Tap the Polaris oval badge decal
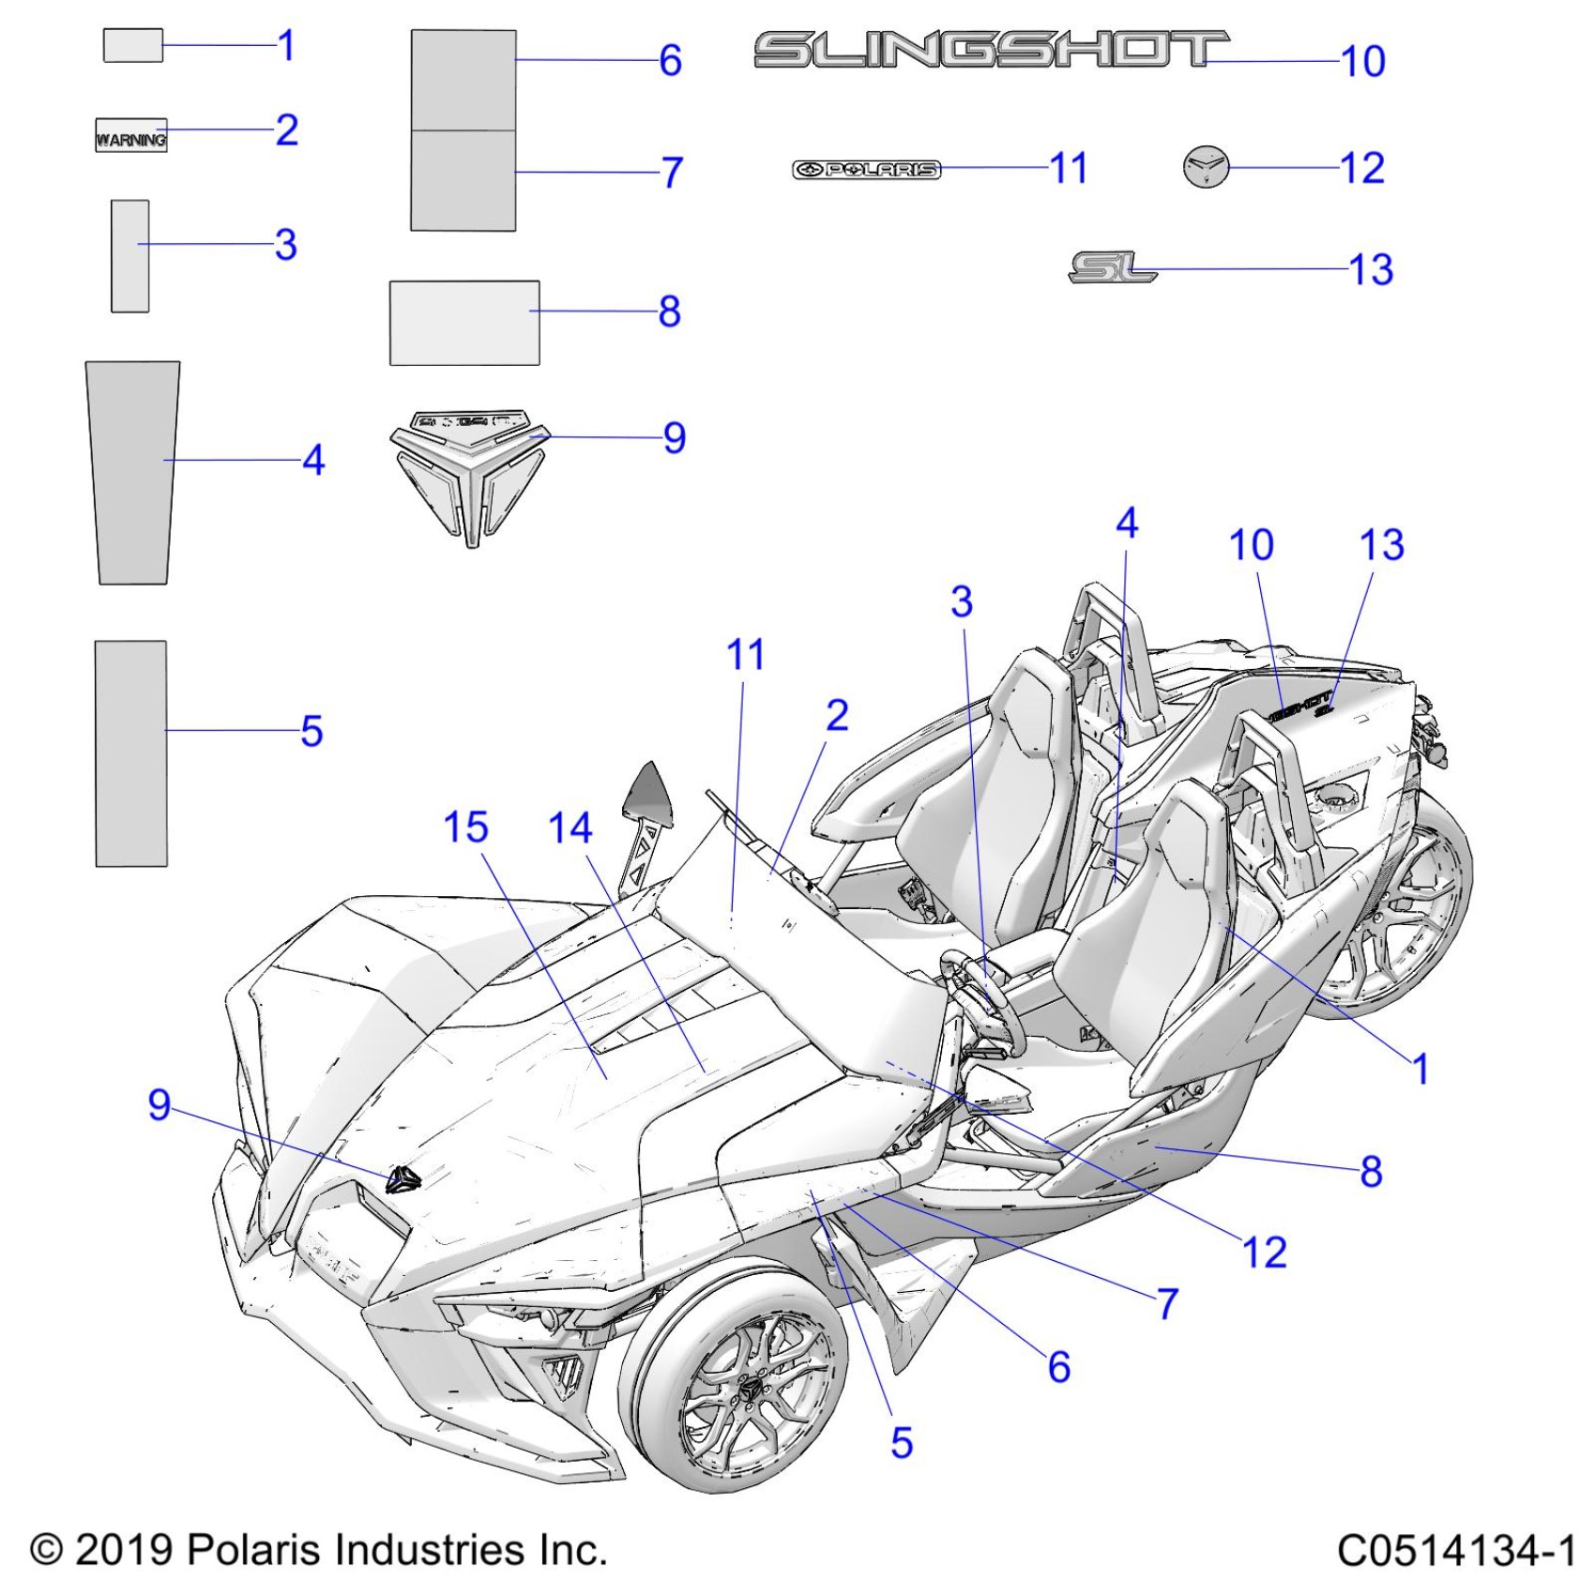(x=866, y=170)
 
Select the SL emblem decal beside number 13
(x=1112, y=267)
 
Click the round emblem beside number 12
(x=1206, y=167)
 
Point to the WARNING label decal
(x=131, y=136)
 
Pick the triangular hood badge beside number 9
(x=467, y=474)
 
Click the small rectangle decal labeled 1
(x=132, y=45)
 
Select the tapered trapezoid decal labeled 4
(x=132, y=472)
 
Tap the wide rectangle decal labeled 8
(x=464, y=323)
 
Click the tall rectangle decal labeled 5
(x=131, y=753)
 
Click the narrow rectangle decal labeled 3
(x=129, y=255)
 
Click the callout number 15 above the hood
(x=465, y=828)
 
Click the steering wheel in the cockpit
(x=980, y=999)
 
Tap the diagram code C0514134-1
(x=1455, y=1550)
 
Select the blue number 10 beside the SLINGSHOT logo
(x=1362, y=62)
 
